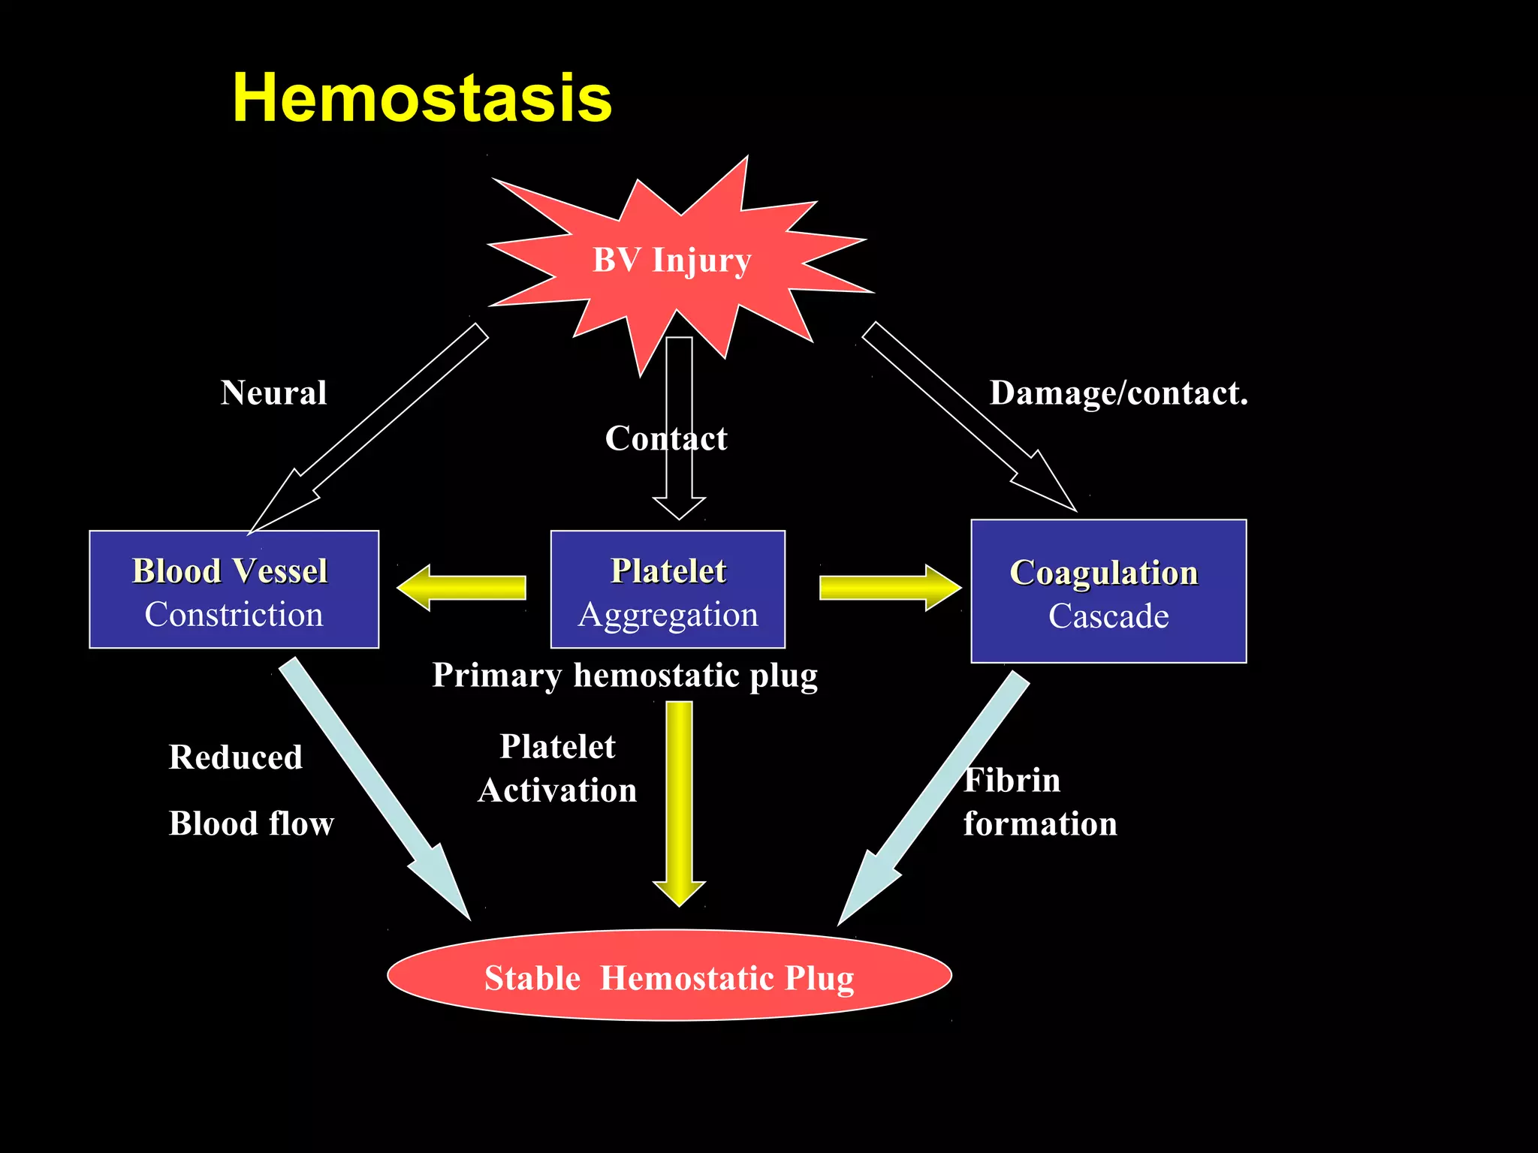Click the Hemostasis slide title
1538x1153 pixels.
[x=422, y=98]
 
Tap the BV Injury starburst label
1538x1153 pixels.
[x=671, y=260]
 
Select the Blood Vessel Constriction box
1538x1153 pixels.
[x=234, y=590]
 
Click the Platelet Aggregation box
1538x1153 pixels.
[x=668, y=590]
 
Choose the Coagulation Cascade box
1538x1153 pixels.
[x=1108, y=592]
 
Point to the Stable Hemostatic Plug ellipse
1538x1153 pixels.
[x=669, y=976]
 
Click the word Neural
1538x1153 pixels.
[x=273, y=393]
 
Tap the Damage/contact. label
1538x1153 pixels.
[x=1118, y=393]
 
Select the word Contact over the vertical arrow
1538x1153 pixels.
[x=665, y=438]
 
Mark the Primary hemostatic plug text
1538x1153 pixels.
[x=624, y=676]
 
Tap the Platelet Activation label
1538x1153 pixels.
[x=557, y=769]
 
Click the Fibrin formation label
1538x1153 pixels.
[x=1039, y=802]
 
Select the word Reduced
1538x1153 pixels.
[x=236, y=757]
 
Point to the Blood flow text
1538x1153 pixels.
[x=251, y=823]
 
